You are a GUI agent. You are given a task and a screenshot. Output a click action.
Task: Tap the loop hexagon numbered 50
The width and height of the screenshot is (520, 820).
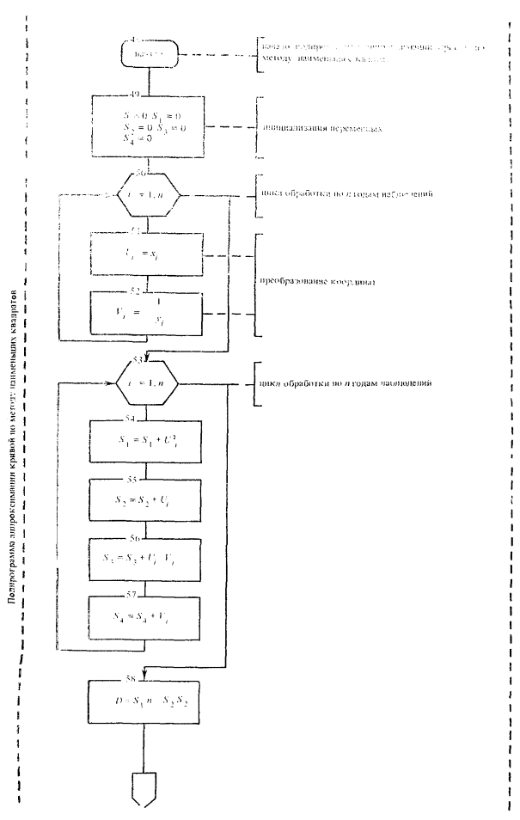click(150, 196)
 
